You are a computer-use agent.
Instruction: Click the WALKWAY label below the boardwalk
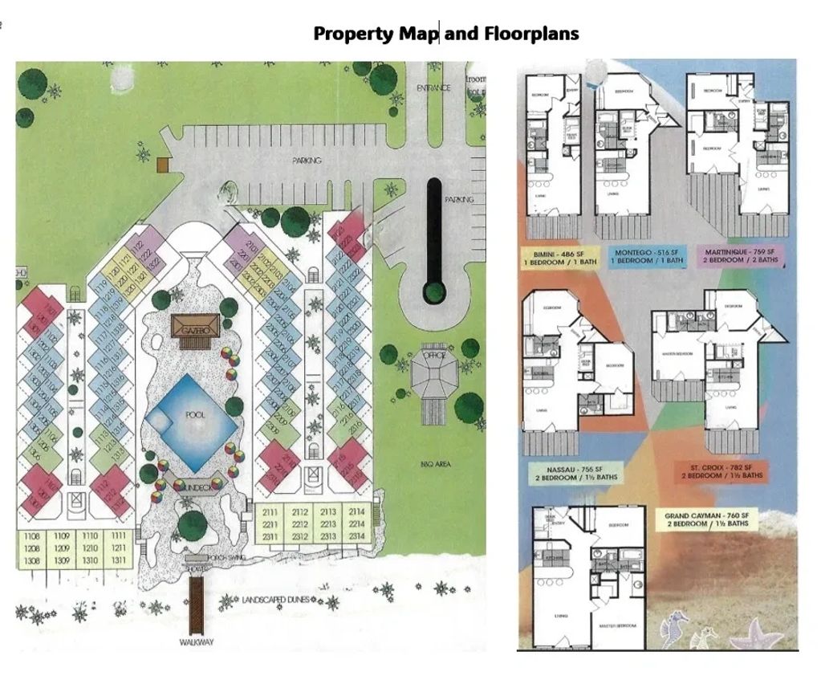point(197,642)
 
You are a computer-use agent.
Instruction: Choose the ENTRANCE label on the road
point(433,88)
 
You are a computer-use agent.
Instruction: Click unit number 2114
point(358,511)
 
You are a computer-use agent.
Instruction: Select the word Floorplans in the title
point(531,34)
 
